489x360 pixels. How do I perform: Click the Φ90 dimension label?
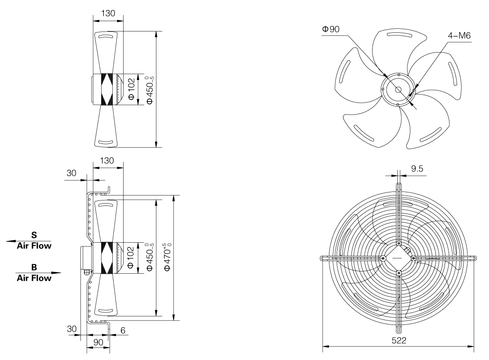(x=331, y=29)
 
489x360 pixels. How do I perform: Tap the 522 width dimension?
(x=399, y=340)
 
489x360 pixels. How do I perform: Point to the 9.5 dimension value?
(x=418, y=169)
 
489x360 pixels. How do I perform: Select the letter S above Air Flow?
(x=34, y=235)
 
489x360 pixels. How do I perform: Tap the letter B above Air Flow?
(x=34, y=267)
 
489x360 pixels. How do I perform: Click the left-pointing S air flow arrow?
(x=18, y=241)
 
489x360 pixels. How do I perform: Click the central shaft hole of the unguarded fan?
(x=398, y=89)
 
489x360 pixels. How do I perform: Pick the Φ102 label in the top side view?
(x=131, y=89)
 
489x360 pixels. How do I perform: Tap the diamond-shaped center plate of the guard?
(x=398, y=258)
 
